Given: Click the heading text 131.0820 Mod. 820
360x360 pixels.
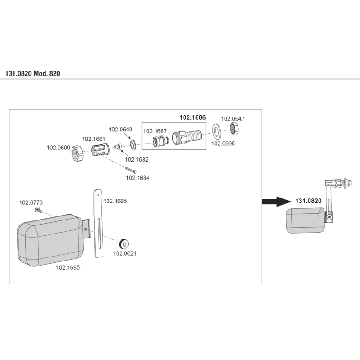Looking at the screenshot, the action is click(32, 73).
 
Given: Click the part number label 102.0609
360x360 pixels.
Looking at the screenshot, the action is click(58, 148).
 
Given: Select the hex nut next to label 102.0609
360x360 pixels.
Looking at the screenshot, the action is click(78, 153).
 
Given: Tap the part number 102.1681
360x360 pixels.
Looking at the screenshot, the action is click(94, 139).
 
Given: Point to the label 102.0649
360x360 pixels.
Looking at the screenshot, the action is click(121, 130).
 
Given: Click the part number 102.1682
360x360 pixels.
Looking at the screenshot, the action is click(137, 160).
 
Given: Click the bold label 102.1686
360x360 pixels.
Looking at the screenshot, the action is click(193, 117).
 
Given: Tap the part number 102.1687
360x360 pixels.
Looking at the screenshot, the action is click(155, 131).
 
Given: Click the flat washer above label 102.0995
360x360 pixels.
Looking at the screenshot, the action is click(216, 131).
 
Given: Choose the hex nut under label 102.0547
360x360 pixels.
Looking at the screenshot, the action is click(234, 129).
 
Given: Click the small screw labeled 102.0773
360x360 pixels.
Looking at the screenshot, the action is click(39, 210).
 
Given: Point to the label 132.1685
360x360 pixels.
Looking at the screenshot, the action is click(115, 201).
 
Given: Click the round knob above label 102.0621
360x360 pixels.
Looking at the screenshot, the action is click(124, 244).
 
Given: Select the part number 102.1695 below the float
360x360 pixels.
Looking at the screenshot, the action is click(68, 267).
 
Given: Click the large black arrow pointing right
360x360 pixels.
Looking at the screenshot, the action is click(277, 202).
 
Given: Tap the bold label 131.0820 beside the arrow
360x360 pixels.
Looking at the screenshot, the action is click(308, 201).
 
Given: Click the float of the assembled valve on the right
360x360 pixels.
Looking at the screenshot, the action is click(306, 220).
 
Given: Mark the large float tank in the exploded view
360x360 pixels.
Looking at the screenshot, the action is click(50, 240).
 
